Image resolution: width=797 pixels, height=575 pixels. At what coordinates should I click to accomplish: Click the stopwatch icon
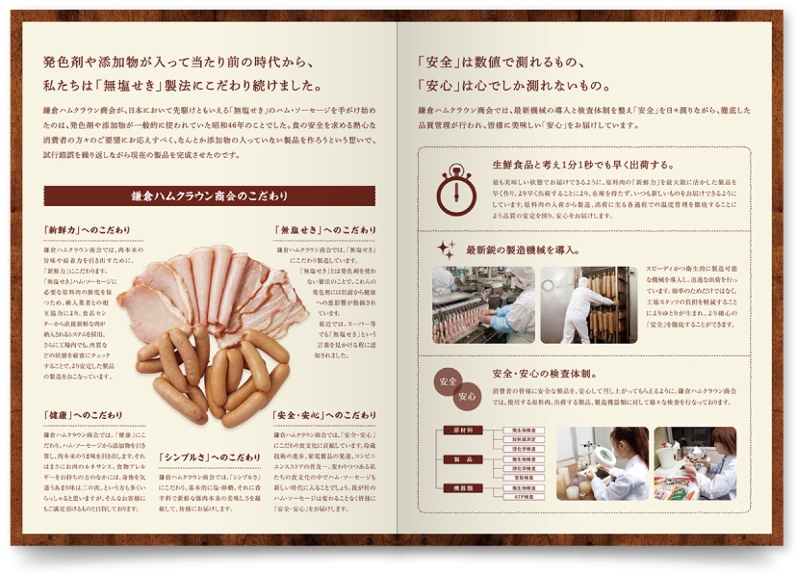[456, 189]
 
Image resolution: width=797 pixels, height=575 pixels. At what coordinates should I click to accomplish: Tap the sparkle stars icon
[446, 249]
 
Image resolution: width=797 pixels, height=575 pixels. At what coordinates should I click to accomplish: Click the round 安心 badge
[467, 395]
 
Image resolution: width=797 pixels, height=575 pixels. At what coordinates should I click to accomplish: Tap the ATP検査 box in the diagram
[524, 497]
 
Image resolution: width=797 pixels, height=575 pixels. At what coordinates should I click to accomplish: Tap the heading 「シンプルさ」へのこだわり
[207, 457]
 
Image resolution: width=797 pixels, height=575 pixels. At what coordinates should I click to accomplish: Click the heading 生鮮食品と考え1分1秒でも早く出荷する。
[583, 164]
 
